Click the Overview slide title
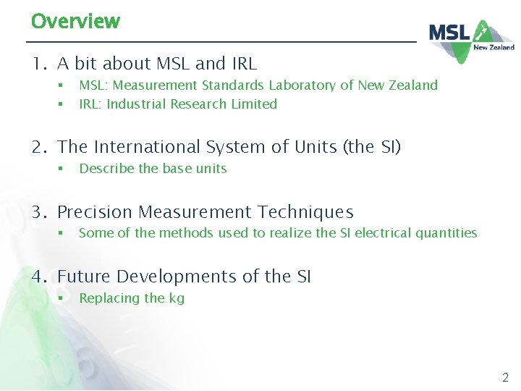[75, 20]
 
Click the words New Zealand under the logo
[494, 47]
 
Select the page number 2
[505, 377]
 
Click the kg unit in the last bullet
[177, 299]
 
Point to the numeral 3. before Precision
[39, 212]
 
